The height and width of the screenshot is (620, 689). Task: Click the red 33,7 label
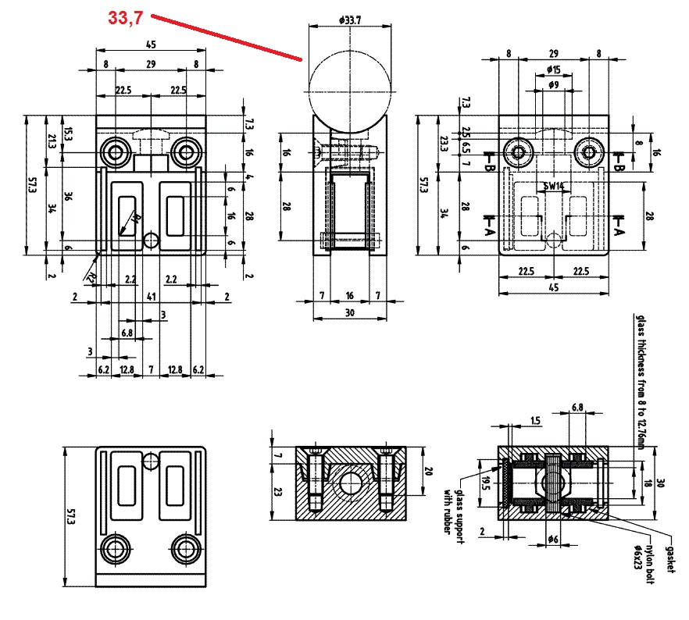coord(124,17)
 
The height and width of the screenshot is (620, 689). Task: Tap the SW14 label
coord(553,187)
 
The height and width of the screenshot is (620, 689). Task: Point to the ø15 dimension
coord(552,70)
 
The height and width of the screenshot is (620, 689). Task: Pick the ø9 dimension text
coord(552,86)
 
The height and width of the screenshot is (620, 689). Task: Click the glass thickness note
coord(638,383)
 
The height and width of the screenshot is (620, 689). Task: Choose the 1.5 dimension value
coord(534,421)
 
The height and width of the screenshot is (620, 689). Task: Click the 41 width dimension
coord(149,297)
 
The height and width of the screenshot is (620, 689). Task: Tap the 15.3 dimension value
coord(68,134)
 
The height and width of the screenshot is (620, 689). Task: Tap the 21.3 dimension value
coord(52,141)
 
